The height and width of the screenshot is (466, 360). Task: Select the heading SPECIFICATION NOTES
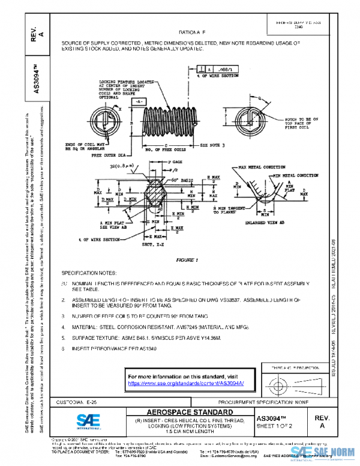(x=93, y=272)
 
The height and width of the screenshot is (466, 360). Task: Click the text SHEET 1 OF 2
(x=276, y=427)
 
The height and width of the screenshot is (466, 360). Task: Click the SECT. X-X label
(x=157, y=246)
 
